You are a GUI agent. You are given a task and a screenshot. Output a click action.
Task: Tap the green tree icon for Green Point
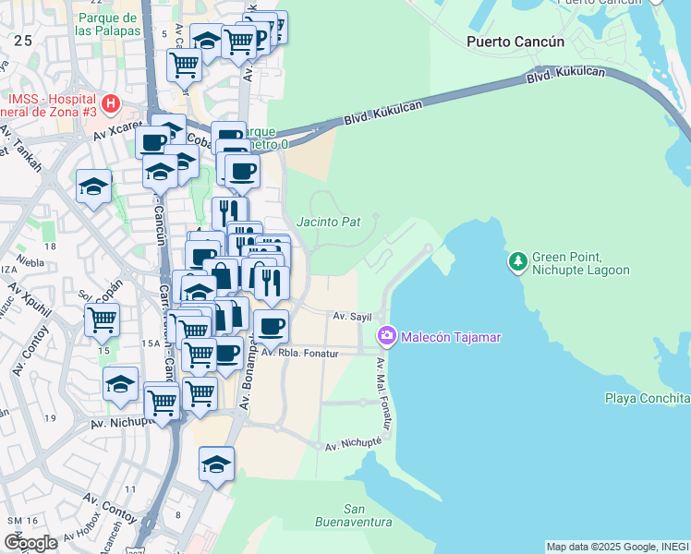coord(517,262)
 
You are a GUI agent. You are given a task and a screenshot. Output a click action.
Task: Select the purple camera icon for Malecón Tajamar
coord(387,337)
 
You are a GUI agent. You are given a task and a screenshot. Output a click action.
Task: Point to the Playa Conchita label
coord(647,398)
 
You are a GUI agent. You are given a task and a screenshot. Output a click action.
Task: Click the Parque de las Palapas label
coord(110,24)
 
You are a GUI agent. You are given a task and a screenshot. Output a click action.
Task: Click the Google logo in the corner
coord(31,542)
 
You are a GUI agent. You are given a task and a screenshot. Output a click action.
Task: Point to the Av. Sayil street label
coord(351,316)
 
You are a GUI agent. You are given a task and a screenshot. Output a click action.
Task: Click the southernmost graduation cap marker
coord(216,464)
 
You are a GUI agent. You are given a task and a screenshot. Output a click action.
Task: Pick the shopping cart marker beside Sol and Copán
coord(102,320)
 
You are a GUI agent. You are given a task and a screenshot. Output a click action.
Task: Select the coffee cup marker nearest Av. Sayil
coord(271,326)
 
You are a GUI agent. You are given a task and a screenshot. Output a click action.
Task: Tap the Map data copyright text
coord(617,547)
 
